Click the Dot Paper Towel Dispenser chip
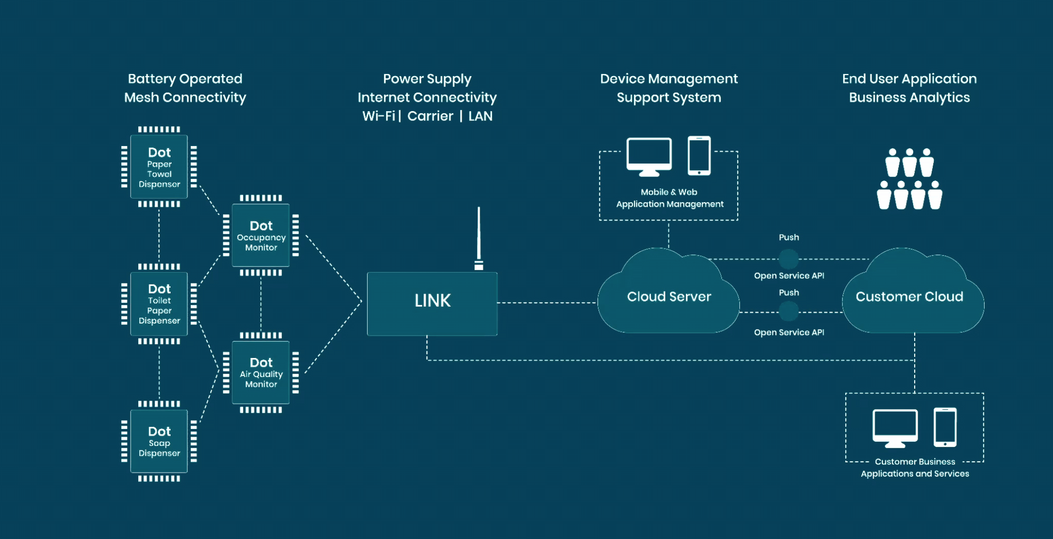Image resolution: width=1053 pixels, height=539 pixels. (x=159, y=167)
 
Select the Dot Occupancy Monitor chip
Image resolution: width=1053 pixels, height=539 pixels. (x=261, y=236)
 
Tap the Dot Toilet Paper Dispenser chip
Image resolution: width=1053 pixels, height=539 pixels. (x=159, y=304)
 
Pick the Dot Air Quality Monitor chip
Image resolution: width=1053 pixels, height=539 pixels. (x=261, y=372)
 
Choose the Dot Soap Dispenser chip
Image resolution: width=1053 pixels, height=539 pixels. (x=159, y=441)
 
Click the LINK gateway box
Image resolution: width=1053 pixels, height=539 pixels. (x=432, y=303)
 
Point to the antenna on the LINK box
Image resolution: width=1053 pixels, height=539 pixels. (x=479, y=237)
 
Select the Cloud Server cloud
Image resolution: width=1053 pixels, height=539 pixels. (x=668, y=297)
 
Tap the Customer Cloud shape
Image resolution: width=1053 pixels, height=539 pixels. (x=909, y=297)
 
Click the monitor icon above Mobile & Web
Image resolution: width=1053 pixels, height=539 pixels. (x=649, y=156)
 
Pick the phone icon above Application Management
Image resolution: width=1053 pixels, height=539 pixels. (x=699, y=155)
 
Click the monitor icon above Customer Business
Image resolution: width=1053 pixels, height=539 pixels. (x=895, y=427)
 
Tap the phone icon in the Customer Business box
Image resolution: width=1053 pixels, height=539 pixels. (x=945, y=427)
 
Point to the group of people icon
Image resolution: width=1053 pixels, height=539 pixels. (x=909, y=178)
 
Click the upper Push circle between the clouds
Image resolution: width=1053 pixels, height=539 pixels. (x=788, y=259)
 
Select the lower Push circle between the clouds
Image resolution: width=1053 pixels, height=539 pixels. (x=788, y=311)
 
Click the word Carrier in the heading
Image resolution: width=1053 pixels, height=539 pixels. (x=430, y=116)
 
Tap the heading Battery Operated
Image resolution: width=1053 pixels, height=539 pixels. (x=185, y=79)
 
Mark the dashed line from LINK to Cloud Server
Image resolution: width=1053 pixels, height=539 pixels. (x=547, y=302)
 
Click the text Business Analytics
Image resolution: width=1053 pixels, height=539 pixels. (x=909, y=98)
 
